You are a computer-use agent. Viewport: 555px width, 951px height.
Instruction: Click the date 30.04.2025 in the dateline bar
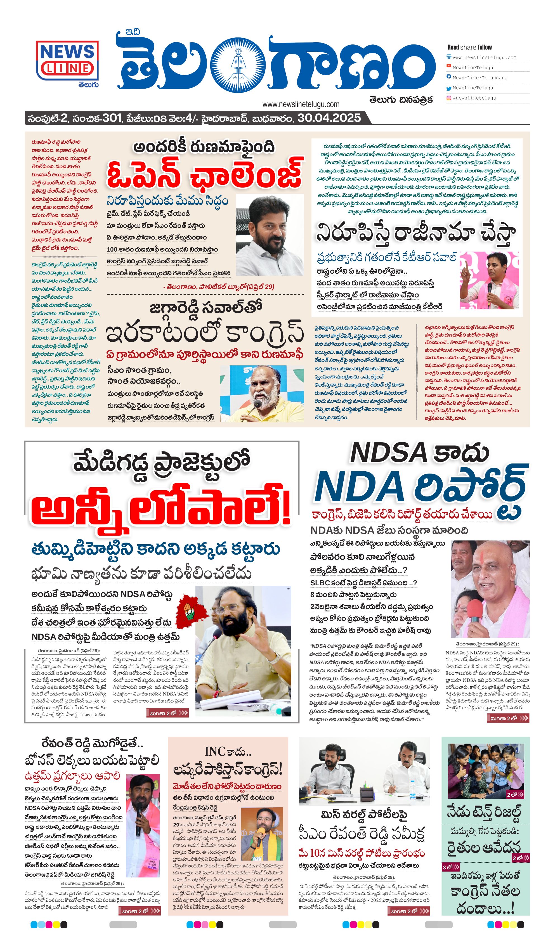pos(329,118)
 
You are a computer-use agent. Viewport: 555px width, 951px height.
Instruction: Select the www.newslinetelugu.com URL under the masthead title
pos(301,104)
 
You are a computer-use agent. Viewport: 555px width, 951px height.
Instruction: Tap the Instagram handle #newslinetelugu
pos(474,98)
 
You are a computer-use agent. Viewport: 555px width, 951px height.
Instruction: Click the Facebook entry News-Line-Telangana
pos(480,78)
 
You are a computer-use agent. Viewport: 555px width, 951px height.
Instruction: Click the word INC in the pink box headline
pos(215,751)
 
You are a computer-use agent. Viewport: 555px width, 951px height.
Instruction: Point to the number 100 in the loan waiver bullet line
pos(112,249)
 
